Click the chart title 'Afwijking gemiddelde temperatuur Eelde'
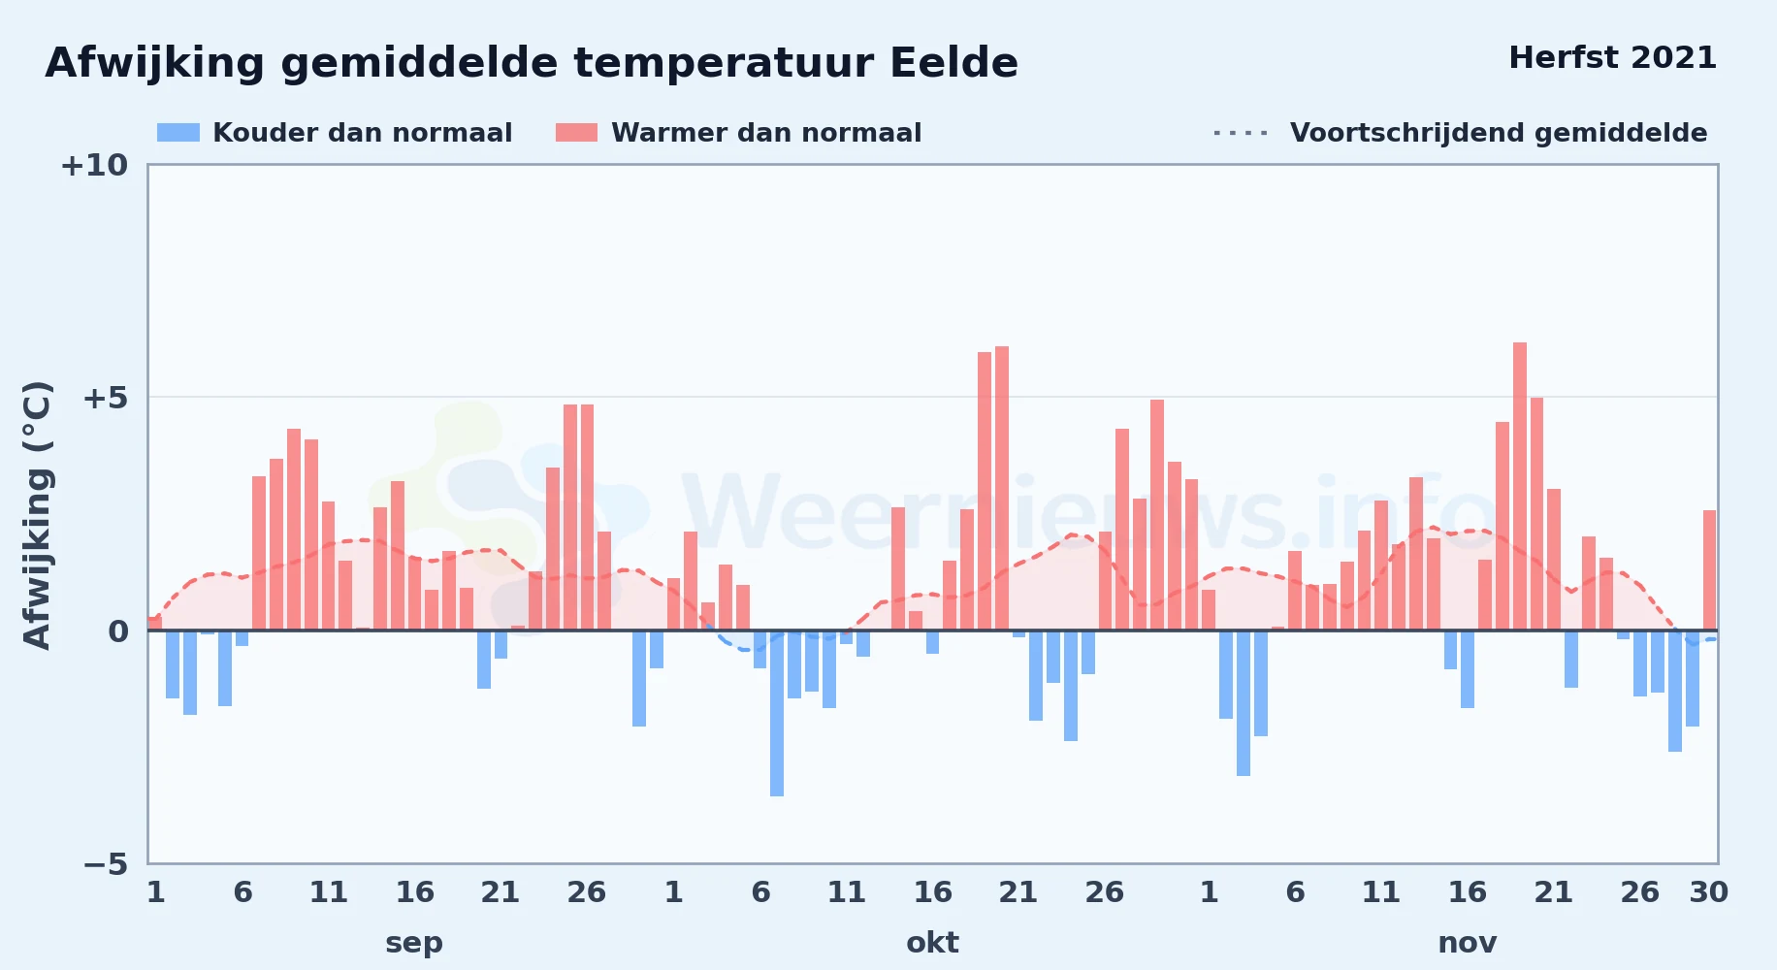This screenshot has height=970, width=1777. (532, 64)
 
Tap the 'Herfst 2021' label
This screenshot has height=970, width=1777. (1612, 58)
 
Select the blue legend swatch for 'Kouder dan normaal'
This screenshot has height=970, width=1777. (178, 133)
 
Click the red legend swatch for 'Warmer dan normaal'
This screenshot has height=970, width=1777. (576, 133)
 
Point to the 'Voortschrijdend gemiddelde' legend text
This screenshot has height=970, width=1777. (1499, 133)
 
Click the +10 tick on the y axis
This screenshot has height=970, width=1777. (94, 166)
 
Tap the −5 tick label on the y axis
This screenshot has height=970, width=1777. (106, 864)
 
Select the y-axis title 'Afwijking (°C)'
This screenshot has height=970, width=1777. (37, 514)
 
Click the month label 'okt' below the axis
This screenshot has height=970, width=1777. (932, 943)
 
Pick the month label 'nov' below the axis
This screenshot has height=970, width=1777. (1467, 943)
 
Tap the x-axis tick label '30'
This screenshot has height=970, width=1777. (1708, 892)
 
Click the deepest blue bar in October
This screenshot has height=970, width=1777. (777, 713)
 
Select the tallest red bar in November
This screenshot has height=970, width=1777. (1519, 486)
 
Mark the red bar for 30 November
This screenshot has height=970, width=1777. (1709, 570)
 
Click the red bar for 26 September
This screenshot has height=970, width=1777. (587, 517)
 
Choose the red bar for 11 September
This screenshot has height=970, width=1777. (328, 566)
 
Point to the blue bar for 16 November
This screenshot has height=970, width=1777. (1468, 669)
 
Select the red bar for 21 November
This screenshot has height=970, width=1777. (1554, 560)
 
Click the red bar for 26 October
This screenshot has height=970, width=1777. (1105, 581)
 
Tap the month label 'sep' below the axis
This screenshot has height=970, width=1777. (414, 943)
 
